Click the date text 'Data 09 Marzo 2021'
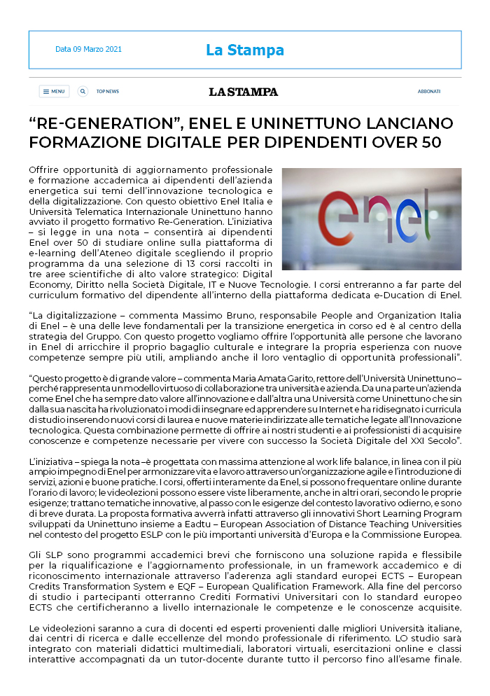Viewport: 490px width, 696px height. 88,49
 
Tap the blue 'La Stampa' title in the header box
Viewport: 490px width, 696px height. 244,50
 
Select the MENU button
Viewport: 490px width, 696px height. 54,91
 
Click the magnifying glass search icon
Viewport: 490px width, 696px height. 83,91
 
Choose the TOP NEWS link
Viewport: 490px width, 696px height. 108,91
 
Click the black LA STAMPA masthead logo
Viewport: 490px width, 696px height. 243,92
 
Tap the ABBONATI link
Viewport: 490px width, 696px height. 429,91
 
